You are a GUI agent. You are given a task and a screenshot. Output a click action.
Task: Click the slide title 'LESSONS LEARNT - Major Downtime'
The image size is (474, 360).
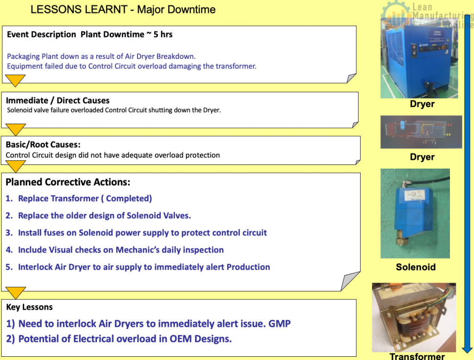(x=123, y=9)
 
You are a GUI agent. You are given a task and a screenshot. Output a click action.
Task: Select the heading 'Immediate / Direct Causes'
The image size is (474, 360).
(x=58, y=101)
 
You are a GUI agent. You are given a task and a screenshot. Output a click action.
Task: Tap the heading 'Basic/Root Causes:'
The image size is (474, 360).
(x=43, y=145)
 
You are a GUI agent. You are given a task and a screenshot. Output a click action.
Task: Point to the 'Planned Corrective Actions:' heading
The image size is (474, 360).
(x=68, y=182)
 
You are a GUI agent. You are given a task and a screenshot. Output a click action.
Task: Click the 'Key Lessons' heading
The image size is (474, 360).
(x=29, y=307)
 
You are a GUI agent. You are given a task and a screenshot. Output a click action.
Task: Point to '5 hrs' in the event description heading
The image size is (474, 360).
(x=163, y=34)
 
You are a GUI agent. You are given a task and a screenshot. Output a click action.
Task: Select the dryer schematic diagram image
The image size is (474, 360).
(x=421, y=132)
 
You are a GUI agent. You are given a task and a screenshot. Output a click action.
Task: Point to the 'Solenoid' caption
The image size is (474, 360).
(x=416, y=267)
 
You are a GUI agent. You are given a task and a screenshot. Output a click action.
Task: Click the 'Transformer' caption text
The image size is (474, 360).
(x=417, y=356)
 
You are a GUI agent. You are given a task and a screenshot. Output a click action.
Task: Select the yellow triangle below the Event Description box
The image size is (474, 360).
(x=15, y=81)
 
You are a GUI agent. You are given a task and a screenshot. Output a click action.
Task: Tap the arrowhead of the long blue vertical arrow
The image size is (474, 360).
(x=468, y=349)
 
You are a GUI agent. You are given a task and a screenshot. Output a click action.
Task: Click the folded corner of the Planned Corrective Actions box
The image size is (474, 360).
(x=349, y=282)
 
